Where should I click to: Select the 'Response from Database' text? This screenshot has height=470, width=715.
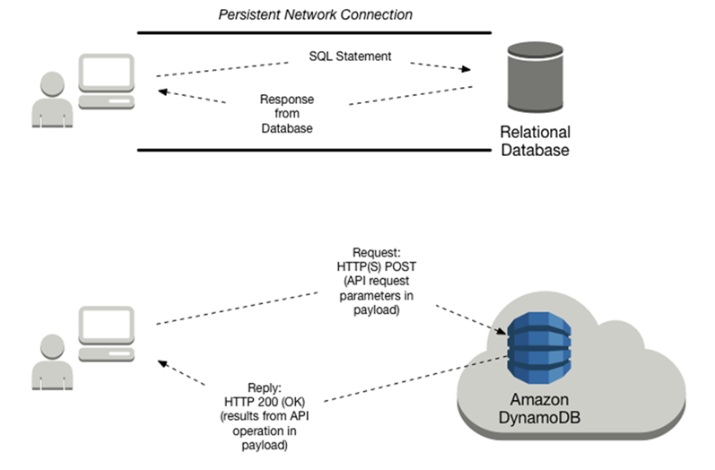pyautogui.click(x=285, y=114)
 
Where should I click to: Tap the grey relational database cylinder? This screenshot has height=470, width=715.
pyautogui.click(x=533, y=75)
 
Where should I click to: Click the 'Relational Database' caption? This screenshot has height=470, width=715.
pyautogui.click(x=534, y=142)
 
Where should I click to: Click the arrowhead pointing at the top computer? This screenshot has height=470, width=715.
pyautogui.click(x=161, y=91)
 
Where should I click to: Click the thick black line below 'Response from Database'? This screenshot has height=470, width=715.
pyautogui.click(x=314, y=150)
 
